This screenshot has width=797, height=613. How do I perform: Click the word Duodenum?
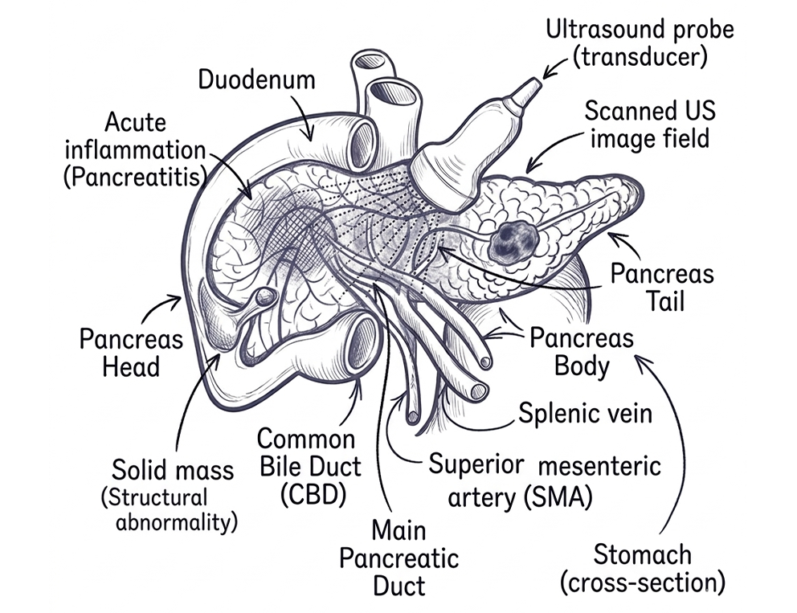pos(256,80)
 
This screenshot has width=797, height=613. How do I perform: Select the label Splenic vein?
pos(586,413)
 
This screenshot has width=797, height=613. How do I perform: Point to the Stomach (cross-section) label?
pos(643,568)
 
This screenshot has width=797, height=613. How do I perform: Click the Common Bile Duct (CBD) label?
pos(309,466)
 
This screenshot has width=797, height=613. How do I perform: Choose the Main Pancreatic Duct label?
pos(399,558)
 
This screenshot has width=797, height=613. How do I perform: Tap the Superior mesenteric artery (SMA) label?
pos(545,480)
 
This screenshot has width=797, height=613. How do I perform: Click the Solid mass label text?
pos(172,470)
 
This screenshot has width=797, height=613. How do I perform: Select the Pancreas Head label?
pos(131,352)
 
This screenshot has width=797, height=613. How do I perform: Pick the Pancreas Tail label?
pos(662,287)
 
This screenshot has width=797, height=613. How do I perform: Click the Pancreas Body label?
pos(582,352)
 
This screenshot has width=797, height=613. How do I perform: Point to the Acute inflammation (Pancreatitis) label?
pos(135,150)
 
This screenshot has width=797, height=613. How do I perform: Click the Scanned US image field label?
pos(650,125)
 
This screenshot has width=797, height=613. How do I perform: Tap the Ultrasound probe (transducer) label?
pos(640,43)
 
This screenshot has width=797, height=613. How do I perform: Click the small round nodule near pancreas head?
pos(265,296)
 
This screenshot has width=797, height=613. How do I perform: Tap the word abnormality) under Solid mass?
pos(177,521)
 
